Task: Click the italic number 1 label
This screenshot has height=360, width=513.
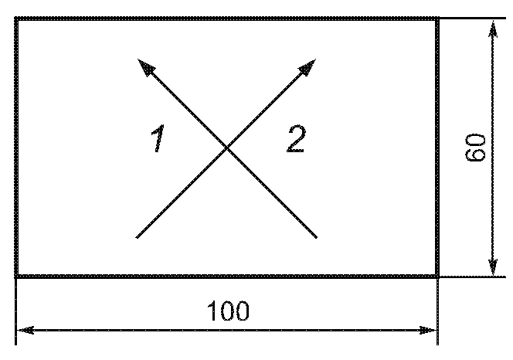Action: click(158, 140)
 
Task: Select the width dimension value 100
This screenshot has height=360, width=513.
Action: click(228, 311)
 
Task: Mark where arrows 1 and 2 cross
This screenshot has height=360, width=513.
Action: click(226, 148)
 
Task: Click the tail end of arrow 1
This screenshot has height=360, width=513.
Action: click(317, 236)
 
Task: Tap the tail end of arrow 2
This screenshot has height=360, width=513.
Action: click(136, 236)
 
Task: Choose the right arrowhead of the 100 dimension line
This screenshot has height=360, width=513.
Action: click(433, 331)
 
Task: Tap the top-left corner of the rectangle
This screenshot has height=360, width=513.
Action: click(16, 19)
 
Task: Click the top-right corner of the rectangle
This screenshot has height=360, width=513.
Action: click(438, 19)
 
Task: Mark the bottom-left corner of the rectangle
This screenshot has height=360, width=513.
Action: click(16, 275)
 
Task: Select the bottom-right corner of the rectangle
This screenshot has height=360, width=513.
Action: click(438, 275)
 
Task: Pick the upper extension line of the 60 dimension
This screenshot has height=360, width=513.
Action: click(471, 18)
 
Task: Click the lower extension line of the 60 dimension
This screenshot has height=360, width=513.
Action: click(471, 276)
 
